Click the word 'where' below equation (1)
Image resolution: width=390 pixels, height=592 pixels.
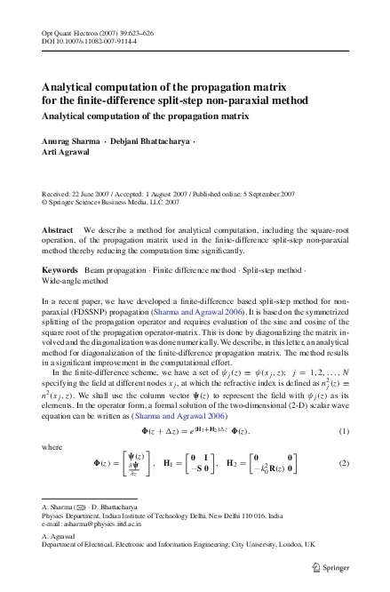tap(52, 447)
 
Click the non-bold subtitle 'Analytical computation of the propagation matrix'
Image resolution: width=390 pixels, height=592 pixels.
tap(145, 116)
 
